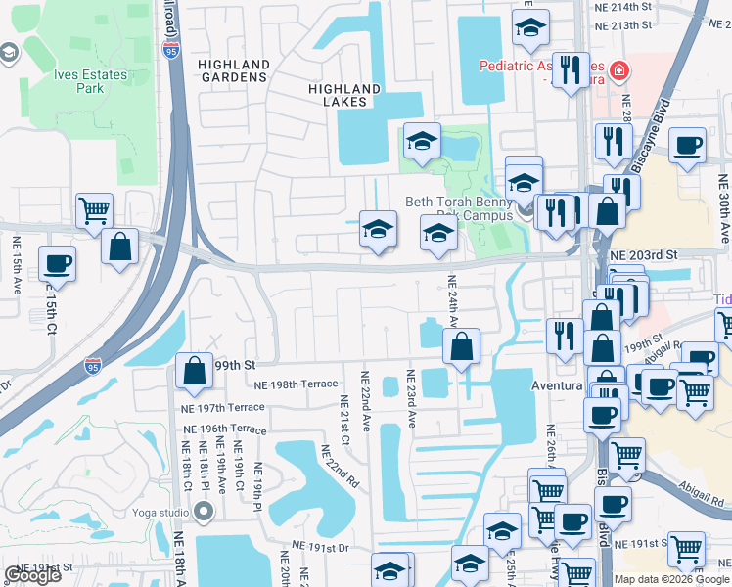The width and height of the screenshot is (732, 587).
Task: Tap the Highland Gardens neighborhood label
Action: (234, 71)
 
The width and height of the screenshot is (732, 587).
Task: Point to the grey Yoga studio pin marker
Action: (204, 511)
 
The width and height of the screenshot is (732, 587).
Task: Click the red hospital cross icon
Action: (618, 71)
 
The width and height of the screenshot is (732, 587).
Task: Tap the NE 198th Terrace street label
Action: (295, 385)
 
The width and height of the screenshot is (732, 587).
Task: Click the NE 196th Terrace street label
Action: (224, 429)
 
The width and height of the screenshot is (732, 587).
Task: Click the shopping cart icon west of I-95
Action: (95, 210)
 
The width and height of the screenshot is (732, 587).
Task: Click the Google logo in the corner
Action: (32, 575)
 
